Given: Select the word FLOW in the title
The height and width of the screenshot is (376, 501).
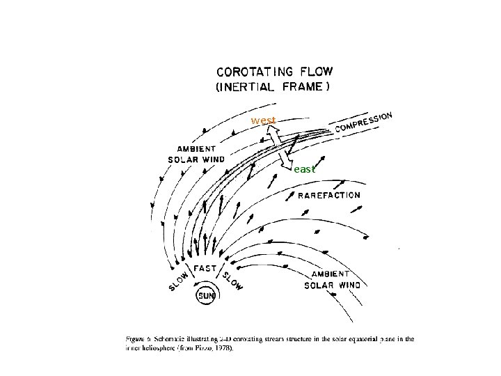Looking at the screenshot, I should pos(316,71).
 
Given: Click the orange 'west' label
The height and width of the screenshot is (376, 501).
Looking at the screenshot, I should pos(263,120).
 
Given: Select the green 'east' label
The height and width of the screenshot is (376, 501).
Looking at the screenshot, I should pos(305,169).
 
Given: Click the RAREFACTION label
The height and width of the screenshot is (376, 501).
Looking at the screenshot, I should pos(329,195).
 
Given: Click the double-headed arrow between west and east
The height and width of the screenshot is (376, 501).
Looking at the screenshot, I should pos(285,147).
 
